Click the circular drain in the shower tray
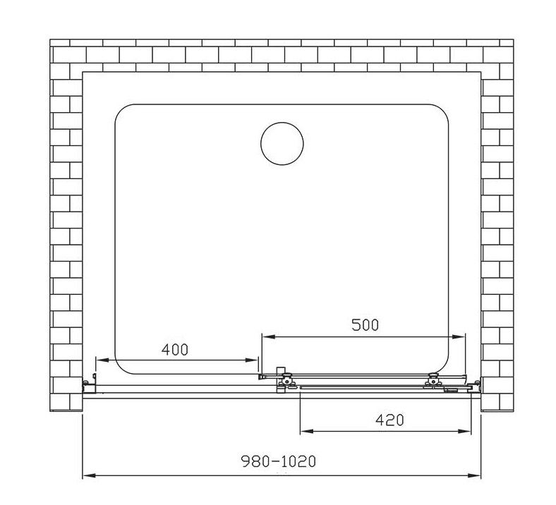(282, 143)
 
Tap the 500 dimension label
(365, 324)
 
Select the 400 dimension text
(174, 349)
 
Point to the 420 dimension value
(389, 420)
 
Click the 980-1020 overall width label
(279, 461)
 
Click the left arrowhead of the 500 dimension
(268, 336)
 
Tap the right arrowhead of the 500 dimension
(458, 336)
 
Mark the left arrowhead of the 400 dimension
(102, 360)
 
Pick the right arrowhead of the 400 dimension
(251, 360)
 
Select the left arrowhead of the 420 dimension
(307, 431)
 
